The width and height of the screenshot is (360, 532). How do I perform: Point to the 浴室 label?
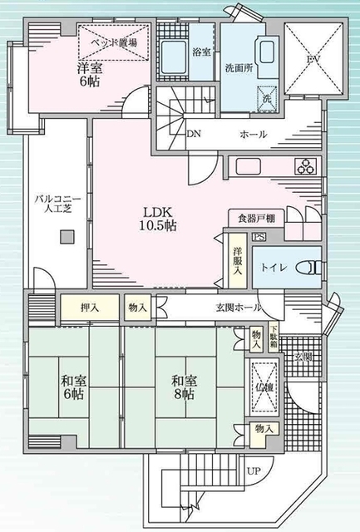coord(201,52)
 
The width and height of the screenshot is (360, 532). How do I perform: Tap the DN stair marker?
coord(194,134)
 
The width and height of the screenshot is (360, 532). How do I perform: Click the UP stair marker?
coord(254,470)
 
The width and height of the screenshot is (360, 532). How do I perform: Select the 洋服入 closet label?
coord(238,259)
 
